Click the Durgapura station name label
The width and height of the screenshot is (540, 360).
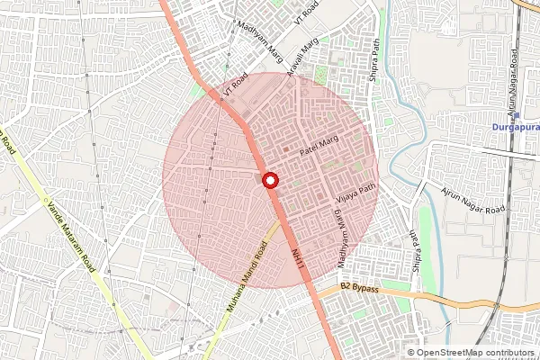[x=515, y=127]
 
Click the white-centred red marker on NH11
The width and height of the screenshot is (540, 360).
[x=269, y=181]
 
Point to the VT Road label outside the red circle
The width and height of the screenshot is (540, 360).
[x=307, y=13]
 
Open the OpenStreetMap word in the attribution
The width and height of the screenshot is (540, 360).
[x=446, y=352]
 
